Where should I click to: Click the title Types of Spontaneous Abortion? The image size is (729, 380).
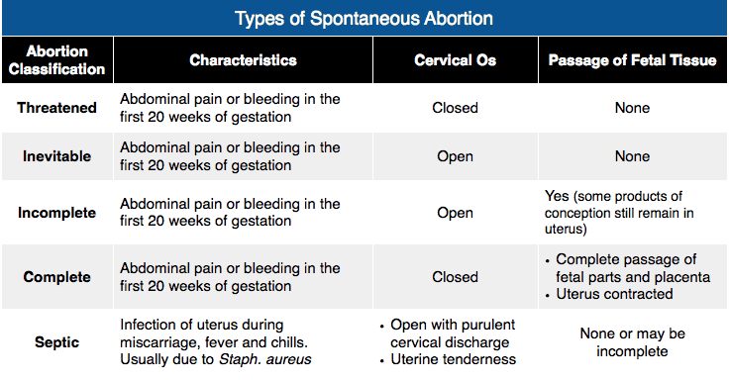[364, 19]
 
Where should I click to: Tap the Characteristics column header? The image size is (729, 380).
[243, 60]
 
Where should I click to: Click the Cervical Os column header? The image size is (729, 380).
[455, 60]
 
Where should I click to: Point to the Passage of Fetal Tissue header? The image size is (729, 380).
[632, 60]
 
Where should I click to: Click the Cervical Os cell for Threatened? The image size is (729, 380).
[455, 108]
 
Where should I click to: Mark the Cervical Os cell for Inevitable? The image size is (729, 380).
[455, 156]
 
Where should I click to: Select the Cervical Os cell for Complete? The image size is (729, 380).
[455, 278]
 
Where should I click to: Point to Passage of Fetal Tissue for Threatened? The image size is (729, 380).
[632, 108]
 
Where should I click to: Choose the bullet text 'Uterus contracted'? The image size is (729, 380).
[614, 294]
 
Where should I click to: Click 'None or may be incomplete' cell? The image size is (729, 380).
[632, 342]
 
